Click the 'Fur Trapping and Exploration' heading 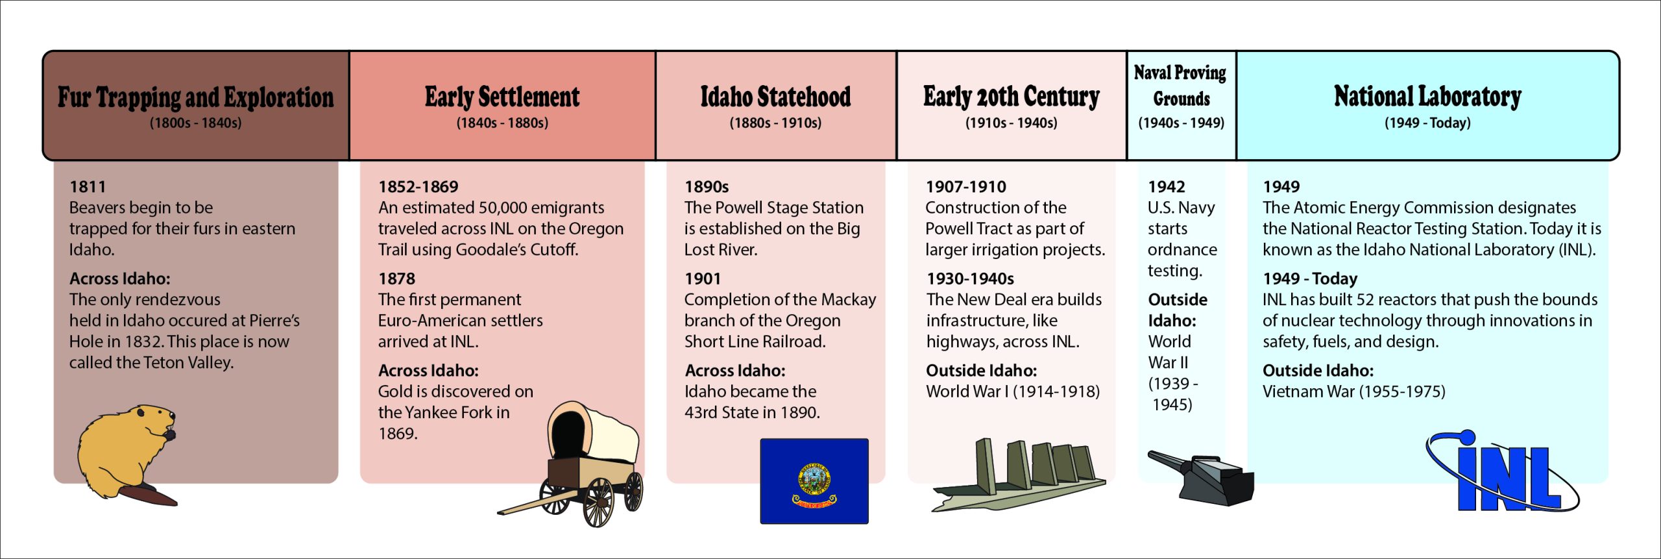point(196,97)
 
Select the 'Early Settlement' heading point(502,97)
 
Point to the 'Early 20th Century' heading point(1012,97)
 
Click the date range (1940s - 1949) point(1182,123)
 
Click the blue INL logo point(1503,471)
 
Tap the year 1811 point(88,187)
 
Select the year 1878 point(397,279)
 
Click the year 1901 point(703,279)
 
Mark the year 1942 point(1167,187)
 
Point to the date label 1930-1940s point(970,279)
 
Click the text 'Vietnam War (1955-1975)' point(1354,391)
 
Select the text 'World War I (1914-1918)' point(1013,391)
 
